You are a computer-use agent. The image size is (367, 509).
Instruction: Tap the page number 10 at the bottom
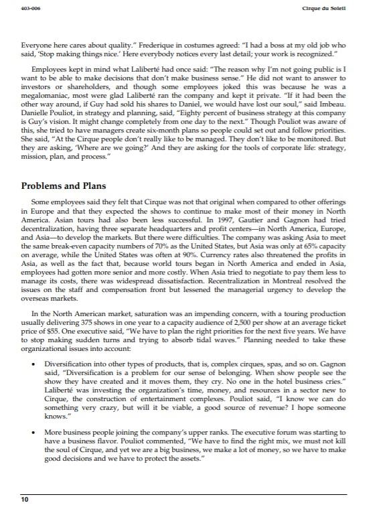tap(25, 500)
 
